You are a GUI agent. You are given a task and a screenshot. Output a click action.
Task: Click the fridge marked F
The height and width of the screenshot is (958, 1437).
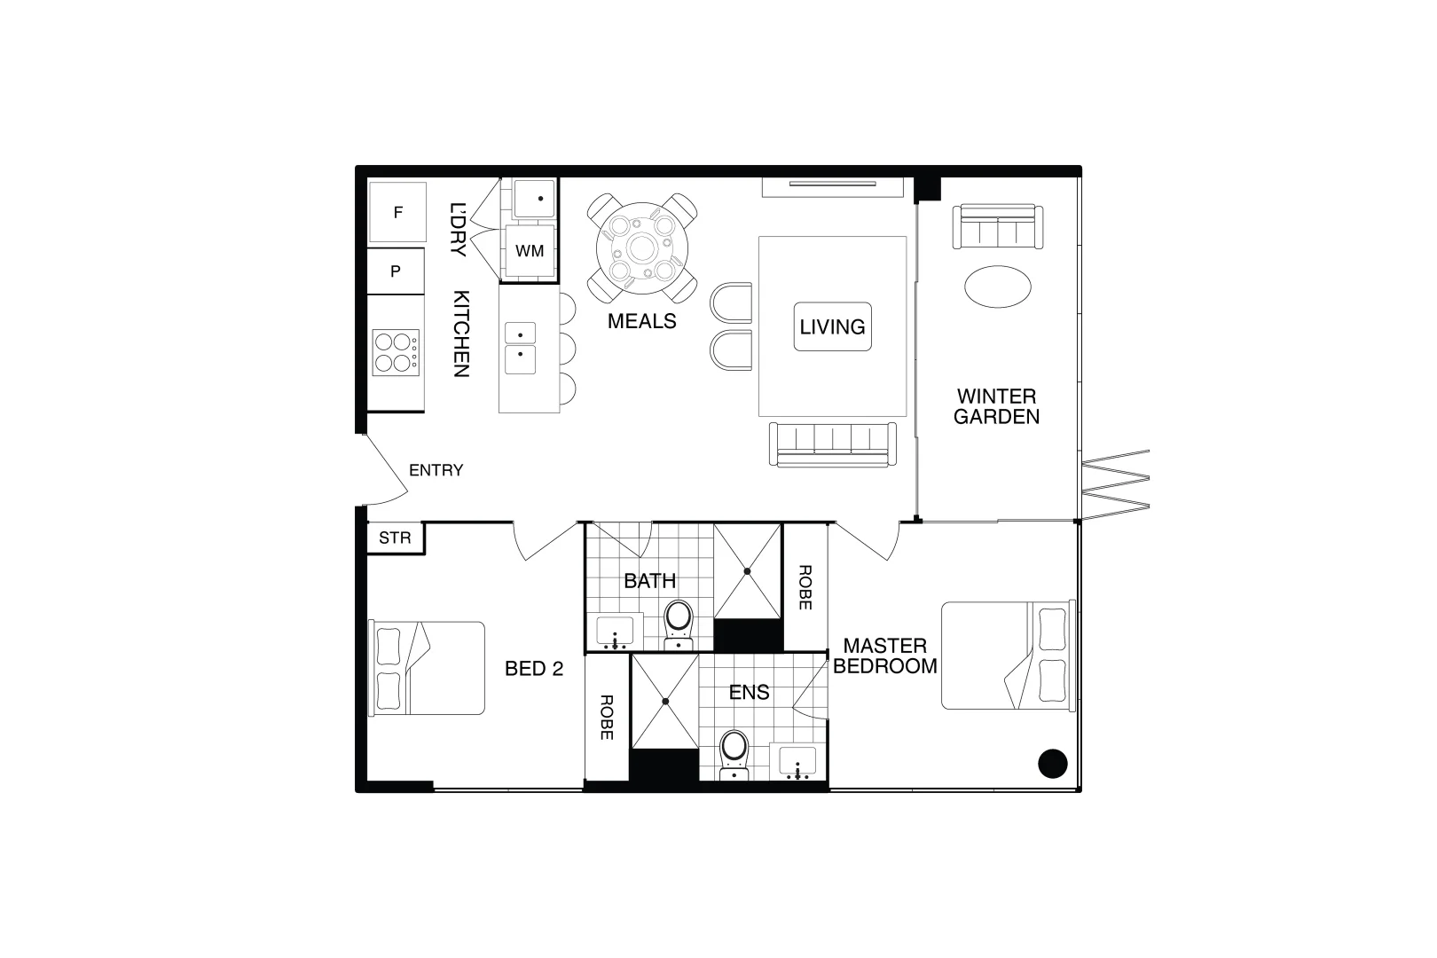[x=397, y=213]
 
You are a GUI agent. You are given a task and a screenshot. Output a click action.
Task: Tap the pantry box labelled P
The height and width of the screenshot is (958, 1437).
[x=396, y=271]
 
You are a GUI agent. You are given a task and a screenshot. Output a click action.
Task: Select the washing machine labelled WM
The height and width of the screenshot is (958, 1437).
[x=530, y=251]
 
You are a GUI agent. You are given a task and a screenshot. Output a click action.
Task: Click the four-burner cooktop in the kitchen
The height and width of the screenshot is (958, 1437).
[x=396, y=352]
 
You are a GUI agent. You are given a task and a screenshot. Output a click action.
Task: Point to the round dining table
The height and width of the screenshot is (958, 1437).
[x=641, y=247]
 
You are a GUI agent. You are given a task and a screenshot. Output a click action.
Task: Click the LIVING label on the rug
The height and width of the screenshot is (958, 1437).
[x=832, y=326]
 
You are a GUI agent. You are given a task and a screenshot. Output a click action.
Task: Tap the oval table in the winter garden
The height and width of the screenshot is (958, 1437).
[x=997, y=287]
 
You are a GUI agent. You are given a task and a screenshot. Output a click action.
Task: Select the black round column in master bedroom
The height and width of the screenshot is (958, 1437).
[x=1053, y=763]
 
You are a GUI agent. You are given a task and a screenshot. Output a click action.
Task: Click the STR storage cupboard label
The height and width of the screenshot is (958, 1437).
[x=396, y=538]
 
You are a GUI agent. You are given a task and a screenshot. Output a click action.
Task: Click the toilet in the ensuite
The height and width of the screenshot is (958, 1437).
[x=734, y=750]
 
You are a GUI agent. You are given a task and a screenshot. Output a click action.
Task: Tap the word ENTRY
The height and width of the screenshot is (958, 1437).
[x=436, y=470]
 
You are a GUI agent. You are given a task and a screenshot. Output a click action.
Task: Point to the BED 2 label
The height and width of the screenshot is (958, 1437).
[x=534, y=669]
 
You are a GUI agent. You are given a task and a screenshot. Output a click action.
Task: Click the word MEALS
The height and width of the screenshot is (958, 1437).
[x=641, y=321]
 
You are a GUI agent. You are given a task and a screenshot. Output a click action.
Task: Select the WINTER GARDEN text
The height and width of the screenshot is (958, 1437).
[x=996, y=406]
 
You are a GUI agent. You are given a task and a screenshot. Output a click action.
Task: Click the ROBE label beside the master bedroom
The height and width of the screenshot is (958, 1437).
[x=805, y=587]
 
